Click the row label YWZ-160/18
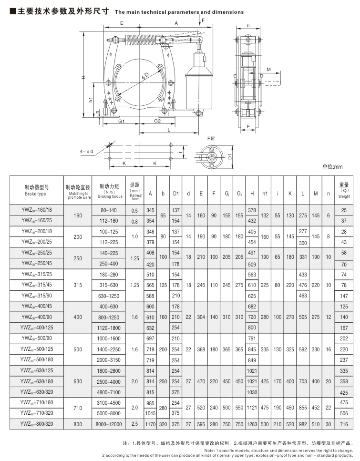[x=37, y=210]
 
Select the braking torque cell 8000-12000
[x=109, y=423]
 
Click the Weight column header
[x=344, y=190]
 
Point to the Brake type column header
[x=37, y=190]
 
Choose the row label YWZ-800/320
[x=37, y=423]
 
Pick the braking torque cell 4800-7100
[x=109, y=392]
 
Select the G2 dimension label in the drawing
[x=157, y=122]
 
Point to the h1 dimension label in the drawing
[x=91, y=100]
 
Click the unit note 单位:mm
[x=332, y=167]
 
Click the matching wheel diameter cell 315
[x=79, y=285]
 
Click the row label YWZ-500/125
[x=37, y=349]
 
